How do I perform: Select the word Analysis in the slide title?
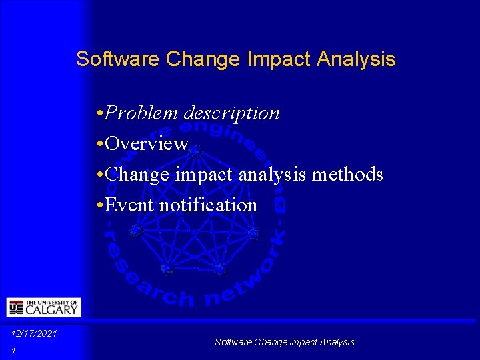pos(356,59)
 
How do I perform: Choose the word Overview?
pos(147,143)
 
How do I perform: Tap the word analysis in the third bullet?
pos(273,175)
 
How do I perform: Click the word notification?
pos(208,205)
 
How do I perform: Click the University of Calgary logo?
pos(43,307)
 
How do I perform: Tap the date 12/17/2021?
pos(34,333)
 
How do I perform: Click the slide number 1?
pos(13,351)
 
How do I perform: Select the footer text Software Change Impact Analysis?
pos(285,342)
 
